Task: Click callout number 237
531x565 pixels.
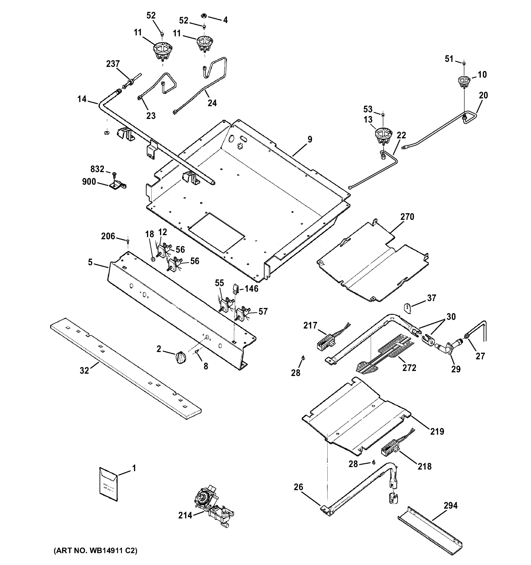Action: (113, 64)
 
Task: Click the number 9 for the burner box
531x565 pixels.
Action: (310, 139)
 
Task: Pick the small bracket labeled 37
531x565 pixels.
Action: (407, 308)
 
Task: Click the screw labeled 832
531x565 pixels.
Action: (114, 174)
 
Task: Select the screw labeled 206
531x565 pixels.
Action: (128, 241)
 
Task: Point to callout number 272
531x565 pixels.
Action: (409, 368)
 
